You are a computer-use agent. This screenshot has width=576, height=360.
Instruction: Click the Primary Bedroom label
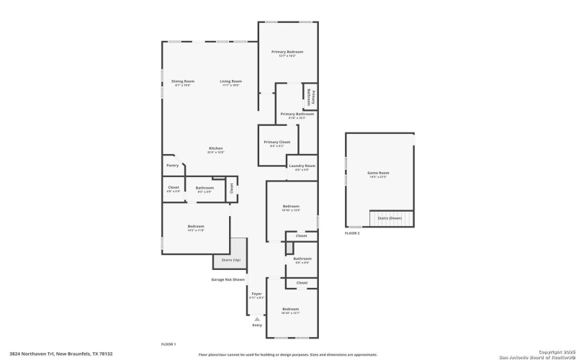coord(287,52)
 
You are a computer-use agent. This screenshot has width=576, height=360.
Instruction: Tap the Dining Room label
coord(183,81)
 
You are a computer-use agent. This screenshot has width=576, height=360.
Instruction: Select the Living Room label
coord(230,81)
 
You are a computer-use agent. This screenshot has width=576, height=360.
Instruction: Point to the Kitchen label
coord(216,148)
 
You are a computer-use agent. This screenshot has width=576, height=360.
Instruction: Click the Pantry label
coord(173,166)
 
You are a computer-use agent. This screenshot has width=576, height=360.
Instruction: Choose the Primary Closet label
coord(276,143)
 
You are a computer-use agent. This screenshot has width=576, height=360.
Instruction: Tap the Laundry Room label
coord(302,166)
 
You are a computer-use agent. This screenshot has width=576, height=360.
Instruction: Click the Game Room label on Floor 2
coord(379,173)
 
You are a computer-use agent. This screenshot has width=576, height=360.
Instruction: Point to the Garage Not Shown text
coord(228,279)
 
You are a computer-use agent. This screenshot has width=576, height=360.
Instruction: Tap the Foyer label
coord(256,294)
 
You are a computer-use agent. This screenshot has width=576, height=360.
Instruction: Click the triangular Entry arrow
coord(257,318)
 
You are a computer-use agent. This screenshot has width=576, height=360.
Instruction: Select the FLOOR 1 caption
coord(168,344)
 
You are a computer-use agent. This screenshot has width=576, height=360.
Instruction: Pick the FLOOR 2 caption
coord(352,233)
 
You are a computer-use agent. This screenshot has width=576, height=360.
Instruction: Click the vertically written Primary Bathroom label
coord(311,97)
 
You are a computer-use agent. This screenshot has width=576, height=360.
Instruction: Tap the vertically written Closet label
coord(232,188)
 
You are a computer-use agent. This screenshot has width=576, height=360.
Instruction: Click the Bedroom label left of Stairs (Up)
coord(196,227)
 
